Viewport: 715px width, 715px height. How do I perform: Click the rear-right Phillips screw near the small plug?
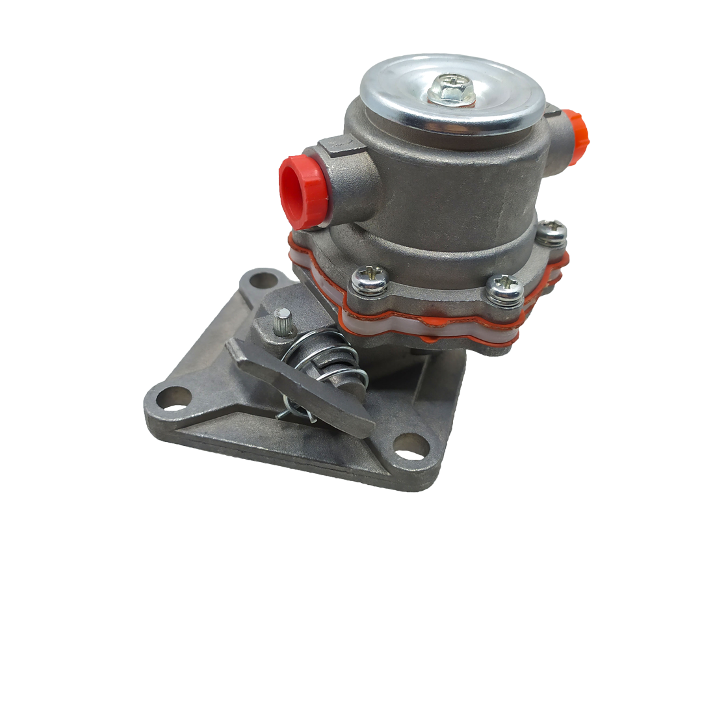(x=552, y=231)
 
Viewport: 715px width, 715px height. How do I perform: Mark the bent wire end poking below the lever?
(x=286, y=413)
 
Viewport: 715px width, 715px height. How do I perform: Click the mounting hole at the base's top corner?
(x=262, y=281)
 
